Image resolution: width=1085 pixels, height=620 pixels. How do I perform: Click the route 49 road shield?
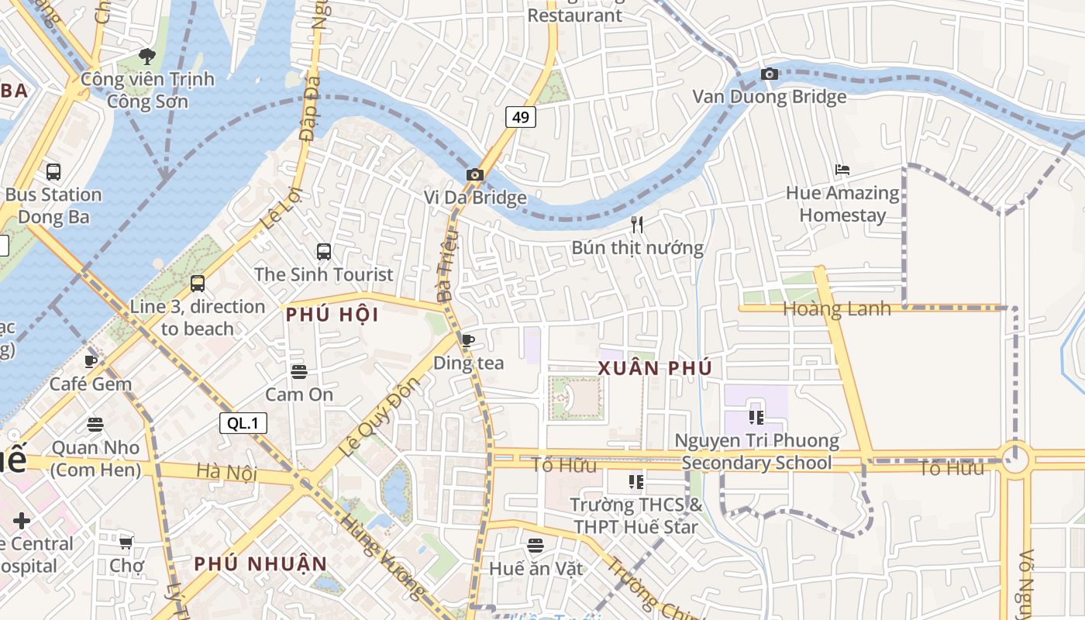[521, 117]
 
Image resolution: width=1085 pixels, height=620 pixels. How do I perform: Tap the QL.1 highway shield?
[243, 423]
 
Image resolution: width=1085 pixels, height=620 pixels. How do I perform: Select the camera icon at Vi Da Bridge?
[475, 175]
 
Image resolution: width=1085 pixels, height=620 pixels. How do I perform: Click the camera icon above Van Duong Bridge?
[769, 74]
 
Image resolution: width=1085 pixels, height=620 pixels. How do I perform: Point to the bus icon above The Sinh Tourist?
[324, 252]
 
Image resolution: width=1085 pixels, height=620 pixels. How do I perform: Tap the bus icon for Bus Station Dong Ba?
[53, 172]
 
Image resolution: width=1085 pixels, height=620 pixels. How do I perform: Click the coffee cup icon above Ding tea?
[468, 340]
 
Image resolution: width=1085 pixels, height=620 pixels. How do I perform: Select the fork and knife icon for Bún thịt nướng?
[637, 225]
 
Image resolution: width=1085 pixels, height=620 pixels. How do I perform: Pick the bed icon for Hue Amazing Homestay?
[842, 170]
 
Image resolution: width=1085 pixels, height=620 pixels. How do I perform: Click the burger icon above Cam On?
[299, 372]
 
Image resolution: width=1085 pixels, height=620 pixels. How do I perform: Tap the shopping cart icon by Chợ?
[126, 542]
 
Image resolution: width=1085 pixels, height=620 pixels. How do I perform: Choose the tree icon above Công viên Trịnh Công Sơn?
[146, 56]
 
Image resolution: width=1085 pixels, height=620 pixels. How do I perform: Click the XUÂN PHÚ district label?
[655, 368]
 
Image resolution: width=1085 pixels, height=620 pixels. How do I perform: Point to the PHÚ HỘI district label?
[332, 315]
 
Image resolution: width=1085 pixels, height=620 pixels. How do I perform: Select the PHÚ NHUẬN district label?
[260, 563]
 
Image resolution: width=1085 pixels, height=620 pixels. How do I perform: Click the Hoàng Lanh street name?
[836, 308]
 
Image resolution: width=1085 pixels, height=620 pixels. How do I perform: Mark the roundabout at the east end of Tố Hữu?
[1014, 460]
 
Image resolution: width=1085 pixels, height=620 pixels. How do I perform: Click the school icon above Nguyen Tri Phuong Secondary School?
[756, 418]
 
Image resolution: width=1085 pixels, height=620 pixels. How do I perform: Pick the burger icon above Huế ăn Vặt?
[536, 546]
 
